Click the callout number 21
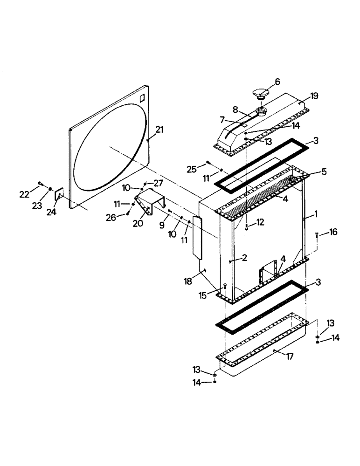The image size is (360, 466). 160,130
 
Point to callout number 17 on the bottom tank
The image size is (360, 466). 290,358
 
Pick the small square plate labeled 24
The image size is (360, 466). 60,194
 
